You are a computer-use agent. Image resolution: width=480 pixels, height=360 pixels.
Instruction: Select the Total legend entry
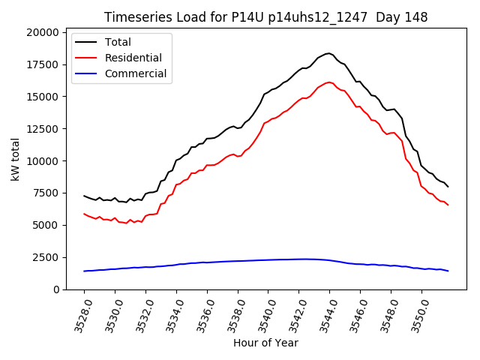[118, 42]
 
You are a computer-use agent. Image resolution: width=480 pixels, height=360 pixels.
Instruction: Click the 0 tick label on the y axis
[55, 289]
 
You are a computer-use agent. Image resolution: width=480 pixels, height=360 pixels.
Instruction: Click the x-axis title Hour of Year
[265, 343]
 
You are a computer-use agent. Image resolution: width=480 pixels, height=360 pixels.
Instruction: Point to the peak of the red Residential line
[329, 82]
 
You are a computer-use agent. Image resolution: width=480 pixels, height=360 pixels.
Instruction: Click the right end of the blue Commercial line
[448, 271]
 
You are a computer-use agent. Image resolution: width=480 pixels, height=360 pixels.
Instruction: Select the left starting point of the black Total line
[84, 196]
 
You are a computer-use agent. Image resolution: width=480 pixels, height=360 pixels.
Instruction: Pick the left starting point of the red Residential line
[84, 214]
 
